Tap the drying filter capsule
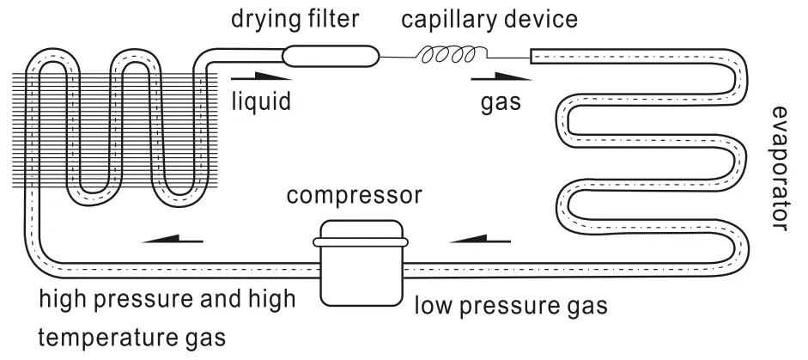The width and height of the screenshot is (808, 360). (x=331, y=57)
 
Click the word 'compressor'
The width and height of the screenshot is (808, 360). (x=355, y=196)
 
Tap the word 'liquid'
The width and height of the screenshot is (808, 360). (x=261, y=102)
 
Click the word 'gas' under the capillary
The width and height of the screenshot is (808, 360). (x=500, y=104)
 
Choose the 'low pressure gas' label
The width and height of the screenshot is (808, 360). (x=512, y=305)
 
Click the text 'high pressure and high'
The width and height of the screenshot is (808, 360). (x=168, y=301)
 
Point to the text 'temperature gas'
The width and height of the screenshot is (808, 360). (x=133, y=337)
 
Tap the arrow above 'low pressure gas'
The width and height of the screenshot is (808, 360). (x=473, y=235)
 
